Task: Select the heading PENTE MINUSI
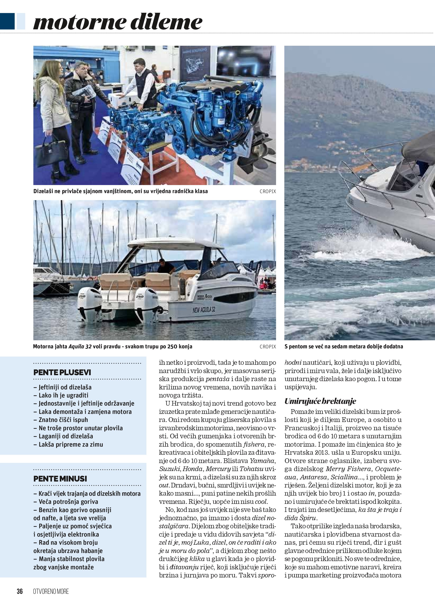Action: (60, 479)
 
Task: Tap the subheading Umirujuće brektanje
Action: (320, 401)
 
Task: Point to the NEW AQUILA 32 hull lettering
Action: (204, 310)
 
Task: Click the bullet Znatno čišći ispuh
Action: (63, 420)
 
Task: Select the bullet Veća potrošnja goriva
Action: (68, 502)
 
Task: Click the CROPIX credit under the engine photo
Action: (268, 191)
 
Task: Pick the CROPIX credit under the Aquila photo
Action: (268, 347)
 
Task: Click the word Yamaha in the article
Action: (262, 461)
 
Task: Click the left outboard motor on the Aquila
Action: (89, 304)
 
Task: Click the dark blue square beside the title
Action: (7, 21)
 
